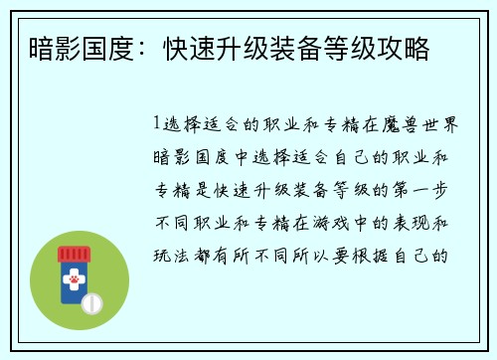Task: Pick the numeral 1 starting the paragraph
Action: [158, 126]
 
